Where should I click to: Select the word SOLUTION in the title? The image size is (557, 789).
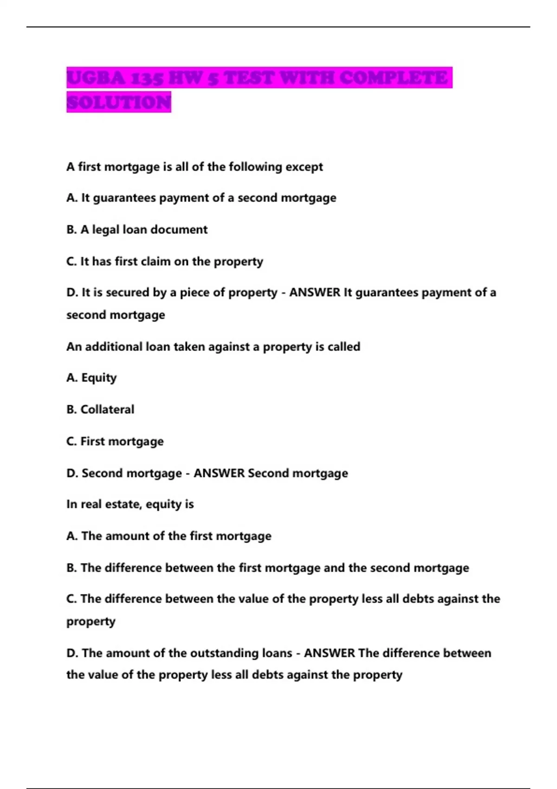point(119,102)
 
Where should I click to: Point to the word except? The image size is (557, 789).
point(304,167)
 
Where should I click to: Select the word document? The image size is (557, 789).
point(179,230)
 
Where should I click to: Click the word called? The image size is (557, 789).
point(344,347)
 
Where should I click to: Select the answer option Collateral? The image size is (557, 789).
point(107,409)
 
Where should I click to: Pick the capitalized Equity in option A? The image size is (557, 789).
point(99,378)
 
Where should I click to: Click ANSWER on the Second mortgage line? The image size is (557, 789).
point(219,473)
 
